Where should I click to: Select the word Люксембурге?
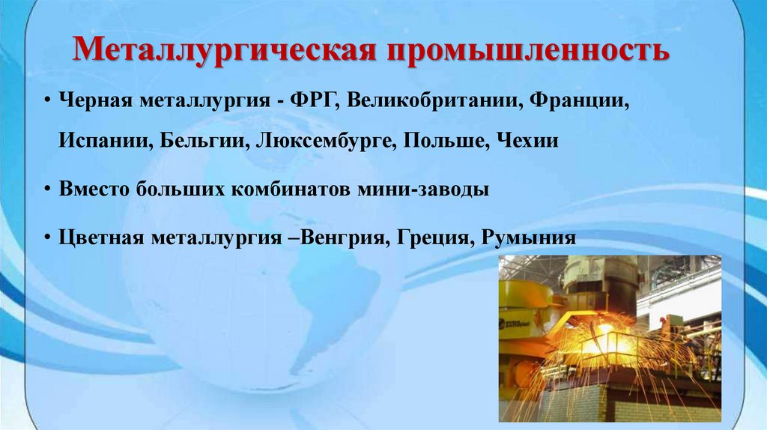(x=325, y=141)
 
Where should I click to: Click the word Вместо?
(x=95, y=190)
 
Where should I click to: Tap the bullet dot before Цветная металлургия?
(x=48, y=238)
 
